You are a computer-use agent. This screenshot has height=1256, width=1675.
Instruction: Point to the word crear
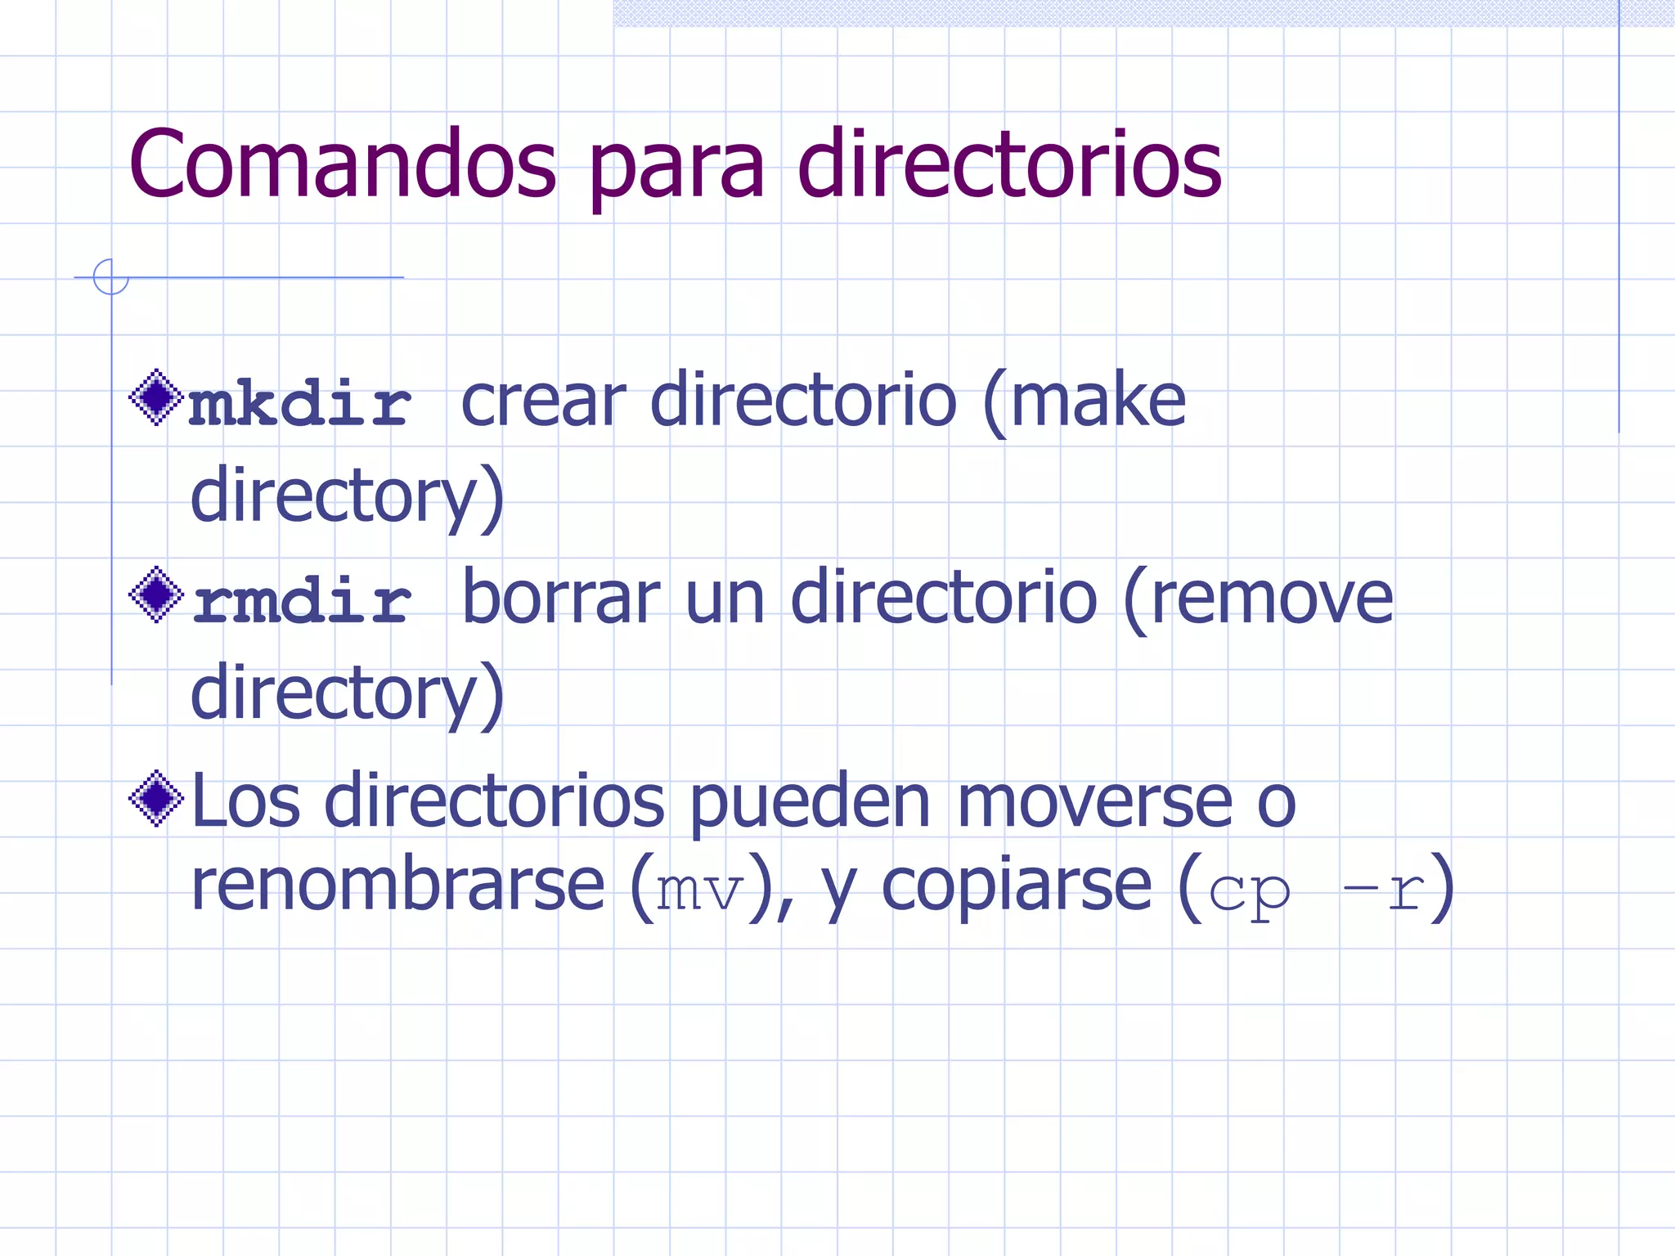[x=543, y=402]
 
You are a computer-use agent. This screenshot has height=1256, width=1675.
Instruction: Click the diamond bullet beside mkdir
[x=155, y=398]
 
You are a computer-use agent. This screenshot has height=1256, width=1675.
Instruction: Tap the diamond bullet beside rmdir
[x=155, y=594]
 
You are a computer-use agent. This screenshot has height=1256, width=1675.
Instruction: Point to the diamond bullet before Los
[x=155, y=798]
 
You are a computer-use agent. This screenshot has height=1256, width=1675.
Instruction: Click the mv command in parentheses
[x=699, y=890]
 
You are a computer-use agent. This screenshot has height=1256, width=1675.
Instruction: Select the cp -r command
[x=1317, y=890]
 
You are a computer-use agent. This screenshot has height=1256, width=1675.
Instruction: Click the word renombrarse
[x=397, y=885]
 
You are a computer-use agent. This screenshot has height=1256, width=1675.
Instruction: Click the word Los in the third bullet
[x=245, y=801]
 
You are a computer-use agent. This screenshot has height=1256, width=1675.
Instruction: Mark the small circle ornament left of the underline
[x=110, y=276]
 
